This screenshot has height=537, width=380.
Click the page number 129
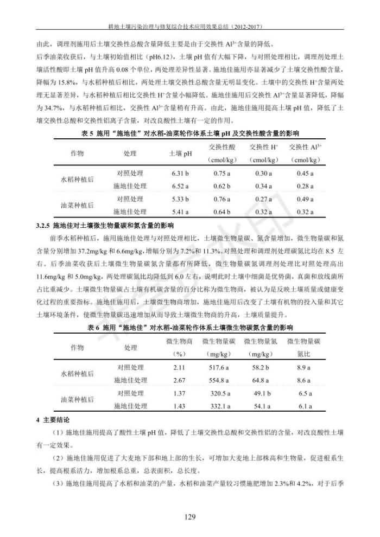click(x=189, y=517)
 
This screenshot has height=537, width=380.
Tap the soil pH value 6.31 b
click(x=180, y=173)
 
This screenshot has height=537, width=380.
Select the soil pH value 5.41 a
click(x=180, y=212)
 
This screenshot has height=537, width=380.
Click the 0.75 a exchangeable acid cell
click(x=221, y=173)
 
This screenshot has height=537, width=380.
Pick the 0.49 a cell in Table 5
click(x=306, y=199)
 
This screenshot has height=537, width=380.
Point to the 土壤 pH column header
click(x=181, y=154)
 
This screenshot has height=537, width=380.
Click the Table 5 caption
click(x=189, y=133)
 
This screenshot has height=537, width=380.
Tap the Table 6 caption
click(x=189, y=328)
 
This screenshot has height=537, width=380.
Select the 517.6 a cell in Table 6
click(x=220, y=368)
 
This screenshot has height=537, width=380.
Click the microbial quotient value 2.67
click(x=179, y=380)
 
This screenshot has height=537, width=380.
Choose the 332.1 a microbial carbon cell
click(x=220, y=406)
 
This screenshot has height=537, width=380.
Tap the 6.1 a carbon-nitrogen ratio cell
click(x=304, y=406)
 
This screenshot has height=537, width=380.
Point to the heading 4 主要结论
click(x=53, y=420)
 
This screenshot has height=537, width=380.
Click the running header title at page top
click(x=189, y=25)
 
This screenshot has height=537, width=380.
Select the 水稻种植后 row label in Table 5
click(x=77, y=180)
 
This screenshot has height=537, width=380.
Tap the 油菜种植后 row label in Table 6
click(x=77, y=400)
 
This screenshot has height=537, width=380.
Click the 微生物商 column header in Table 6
click(x=179, y=341)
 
